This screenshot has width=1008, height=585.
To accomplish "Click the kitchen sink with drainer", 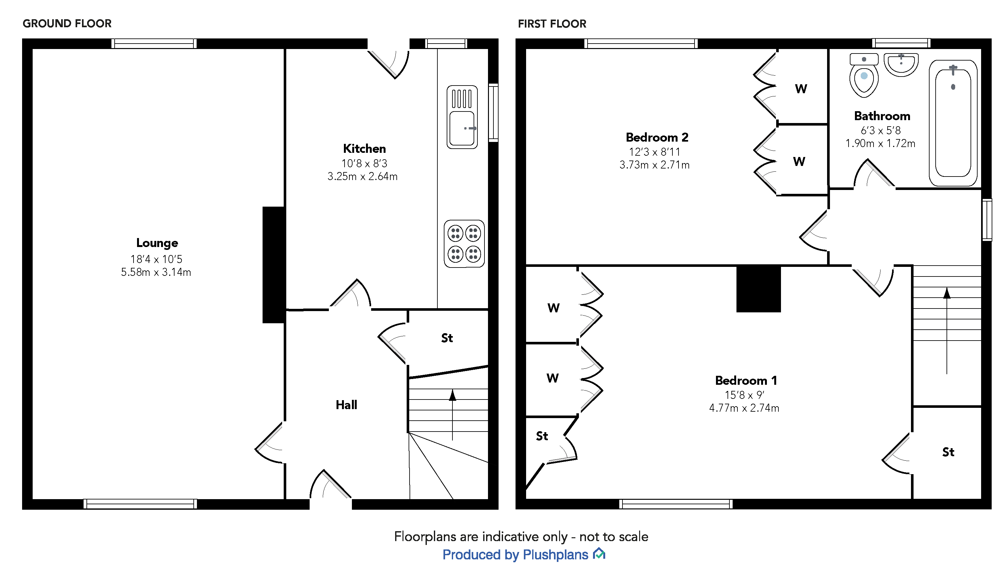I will tap(462, 117).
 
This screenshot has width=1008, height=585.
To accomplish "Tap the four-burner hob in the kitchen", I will tap(464, 244).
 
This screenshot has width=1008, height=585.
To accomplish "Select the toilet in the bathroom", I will tap(864, 76).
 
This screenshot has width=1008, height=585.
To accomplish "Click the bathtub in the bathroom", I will tap(953, 123).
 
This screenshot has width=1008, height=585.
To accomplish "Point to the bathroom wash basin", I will tap(901, 64).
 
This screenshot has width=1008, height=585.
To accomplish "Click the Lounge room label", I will tap(157, 243).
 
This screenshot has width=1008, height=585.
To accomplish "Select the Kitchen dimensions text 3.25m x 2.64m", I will tap(362, 177).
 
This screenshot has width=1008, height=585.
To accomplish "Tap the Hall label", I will tap(346, 405).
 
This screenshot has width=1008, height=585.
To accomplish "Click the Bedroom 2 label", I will tap(657, 137).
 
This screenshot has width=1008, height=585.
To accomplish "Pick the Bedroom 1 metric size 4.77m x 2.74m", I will tap(744, 408).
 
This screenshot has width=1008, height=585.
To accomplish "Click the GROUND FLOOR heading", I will tap(67, 24).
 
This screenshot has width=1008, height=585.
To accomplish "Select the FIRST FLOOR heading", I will tap(552, 24).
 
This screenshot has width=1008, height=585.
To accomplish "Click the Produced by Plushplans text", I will tap(515, 555).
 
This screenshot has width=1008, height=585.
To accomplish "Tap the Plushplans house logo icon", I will tap(599, 554).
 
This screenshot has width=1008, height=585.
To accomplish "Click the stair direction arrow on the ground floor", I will tap(452, 414).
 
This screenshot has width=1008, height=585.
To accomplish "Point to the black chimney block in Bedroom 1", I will tap(758, 289).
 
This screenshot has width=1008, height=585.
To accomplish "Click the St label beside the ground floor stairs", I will tap(447, 338).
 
